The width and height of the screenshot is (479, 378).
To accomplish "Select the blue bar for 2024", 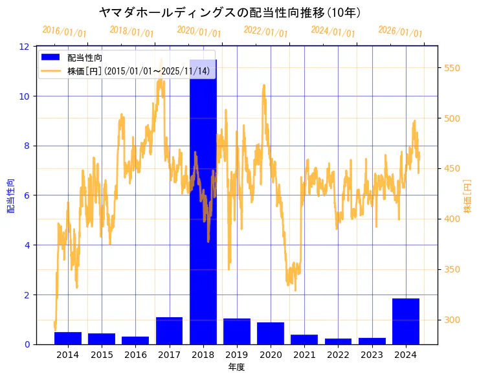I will (406, 321).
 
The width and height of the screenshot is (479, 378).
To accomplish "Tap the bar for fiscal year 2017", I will (169, 331).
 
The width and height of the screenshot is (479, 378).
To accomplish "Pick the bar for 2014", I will (68, 338).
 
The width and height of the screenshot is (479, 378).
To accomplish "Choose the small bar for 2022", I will (338, 341).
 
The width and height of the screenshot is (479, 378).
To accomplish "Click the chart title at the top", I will (230, 12).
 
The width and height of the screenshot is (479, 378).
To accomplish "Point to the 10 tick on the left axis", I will (25, 96).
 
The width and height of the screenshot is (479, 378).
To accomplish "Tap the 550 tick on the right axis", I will (451, 68).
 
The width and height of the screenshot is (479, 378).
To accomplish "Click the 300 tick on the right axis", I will (451, 320).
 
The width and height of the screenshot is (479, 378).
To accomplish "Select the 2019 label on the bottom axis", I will (237, 355).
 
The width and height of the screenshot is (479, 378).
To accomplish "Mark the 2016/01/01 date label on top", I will (64, 32).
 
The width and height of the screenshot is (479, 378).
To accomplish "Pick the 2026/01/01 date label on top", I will (400, 32).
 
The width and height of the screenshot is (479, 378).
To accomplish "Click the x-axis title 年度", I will (236, 367).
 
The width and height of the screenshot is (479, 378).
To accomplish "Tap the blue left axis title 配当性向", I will (10, 195).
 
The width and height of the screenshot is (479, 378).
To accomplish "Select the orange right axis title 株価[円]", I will (468, 195).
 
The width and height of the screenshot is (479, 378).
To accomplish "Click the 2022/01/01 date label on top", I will (265, 32).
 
